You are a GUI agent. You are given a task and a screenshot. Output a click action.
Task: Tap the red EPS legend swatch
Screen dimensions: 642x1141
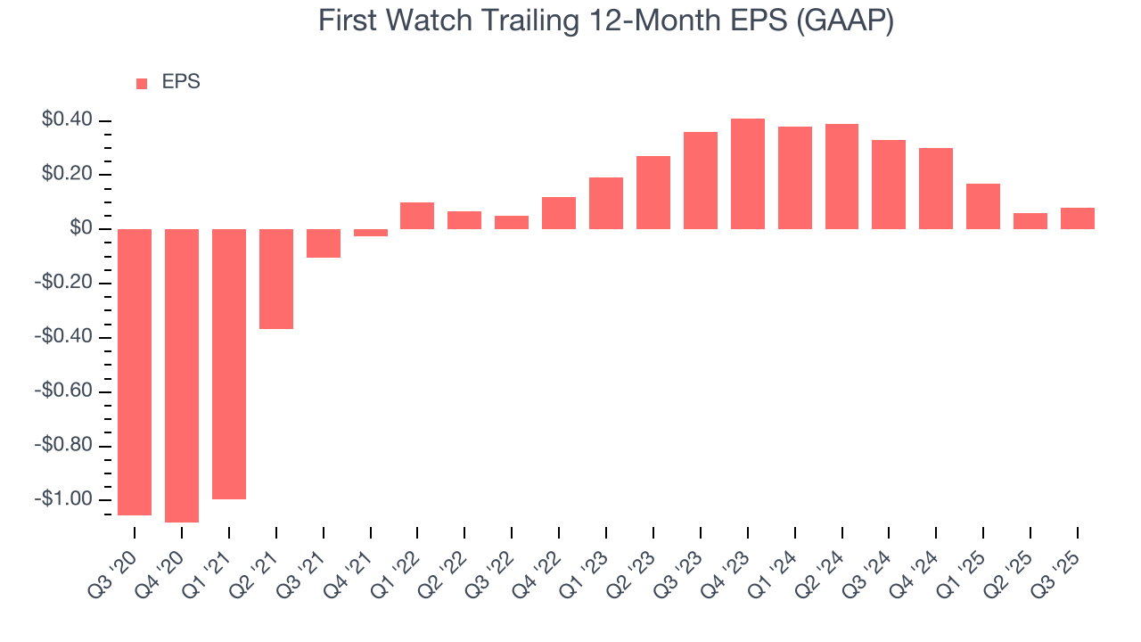coord(142,84)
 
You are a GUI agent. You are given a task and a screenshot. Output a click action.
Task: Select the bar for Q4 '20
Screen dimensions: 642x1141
coord(182,374)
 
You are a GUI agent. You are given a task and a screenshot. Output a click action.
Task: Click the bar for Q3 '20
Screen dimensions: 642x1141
coord(135,372)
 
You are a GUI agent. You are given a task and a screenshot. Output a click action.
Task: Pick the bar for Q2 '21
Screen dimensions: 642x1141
coord(276,278)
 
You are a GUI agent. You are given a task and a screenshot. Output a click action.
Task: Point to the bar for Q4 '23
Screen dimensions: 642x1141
coord(748,174)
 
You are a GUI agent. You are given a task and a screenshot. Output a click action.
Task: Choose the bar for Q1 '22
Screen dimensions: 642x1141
coord(417,216)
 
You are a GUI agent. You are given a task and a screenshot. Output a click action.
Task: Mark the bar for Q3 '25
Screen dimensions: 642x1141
coord(1078,218)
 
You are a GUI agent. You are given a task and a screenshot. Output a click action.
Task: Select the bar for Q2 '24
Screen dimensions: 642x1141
coord(841,177)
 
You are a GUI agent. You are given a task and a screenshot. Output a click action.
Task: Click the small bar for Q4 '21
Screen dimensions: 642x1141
coord(371,233)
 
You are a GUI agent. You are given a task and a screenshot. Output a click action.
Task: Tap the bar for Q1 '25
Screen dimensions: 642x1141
coord(983,206)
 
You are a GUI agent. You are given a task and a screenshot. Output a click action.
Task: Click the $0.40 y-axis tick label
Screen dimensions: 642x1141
coord(68,119)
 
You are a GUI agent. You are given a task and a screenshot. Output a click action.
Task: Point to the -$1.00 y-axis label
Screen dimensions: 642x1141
coord(63,498)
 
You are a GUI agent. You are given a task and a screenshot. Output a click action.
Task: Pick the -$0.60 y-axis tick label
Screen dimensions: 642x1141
coord(63,391)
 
